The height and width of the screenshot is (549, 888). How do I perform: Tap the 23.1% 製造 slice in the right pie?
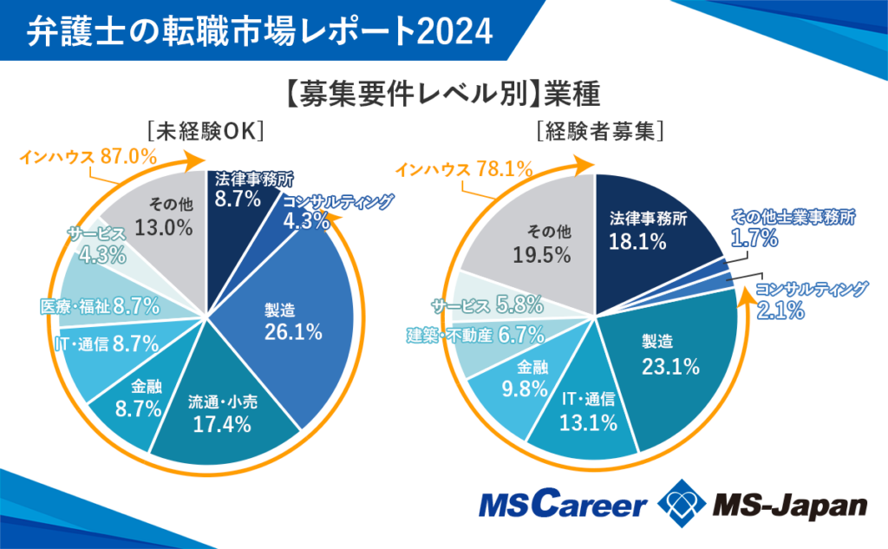pos(671,356)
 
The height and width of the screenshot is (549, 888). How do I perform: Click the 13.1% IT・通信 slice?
pos(588,411)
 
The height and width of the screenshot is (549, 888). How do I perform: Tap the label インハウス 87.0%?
pos(88,158)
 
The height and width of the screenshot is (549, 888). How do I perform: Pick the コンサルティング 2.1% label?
pos(809,298)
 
